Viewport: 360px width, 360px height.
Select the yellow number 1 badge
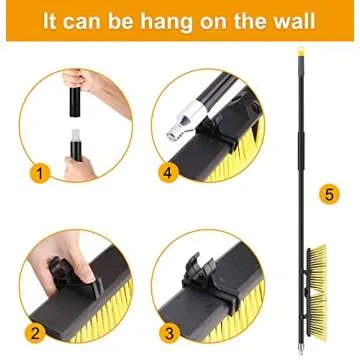tap(39, 173)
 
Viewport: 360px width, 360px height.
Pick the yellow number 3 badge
tap(169, 332)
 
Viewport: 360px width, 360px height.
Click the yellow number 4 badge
tap(167, 173)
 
